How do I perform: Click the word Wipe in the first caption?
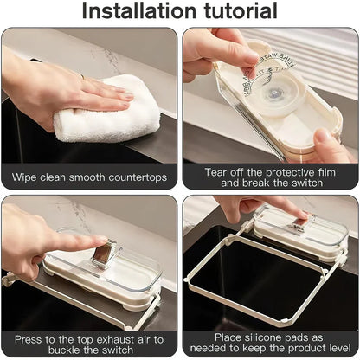(25, 177)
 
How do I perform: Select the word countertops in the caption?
(135, 177)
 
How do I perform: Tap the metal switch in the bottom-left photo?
(102, 255)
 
